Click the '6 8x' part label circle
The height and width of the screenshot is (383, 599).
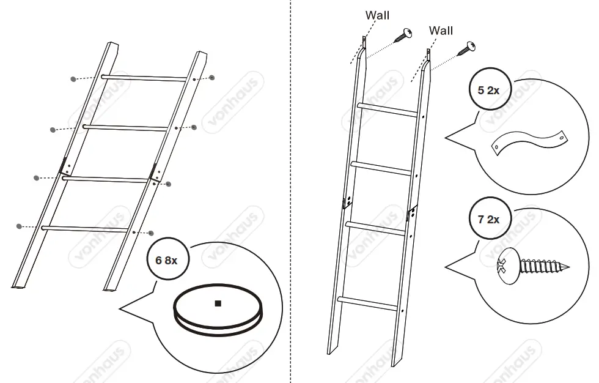pos(167,259)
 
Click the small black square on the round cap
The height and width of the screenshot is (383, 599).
pos(218,303)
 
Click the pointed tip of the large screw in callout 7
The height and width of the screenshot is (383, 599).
pos(567,267)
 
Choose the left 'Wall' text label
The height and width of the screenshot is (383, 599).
pos(377,15)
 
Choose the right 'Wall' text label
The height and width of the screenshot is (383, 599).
pos(441,30)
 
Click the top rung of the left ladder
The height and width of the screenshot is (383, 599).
pos(144,78)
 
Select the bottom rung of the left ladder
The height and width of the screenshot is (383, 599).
pos(86,228)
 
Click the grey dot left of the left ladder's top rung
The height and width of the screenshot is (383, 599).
pos(73,79)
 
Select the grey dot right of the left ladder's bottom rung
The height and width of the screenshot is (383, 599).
pos(150,233)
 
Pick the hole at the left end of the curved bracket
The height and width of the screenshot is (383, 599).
pos(498,147)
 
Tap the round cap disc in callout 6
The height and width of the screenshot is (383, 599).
pos(218,309)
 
